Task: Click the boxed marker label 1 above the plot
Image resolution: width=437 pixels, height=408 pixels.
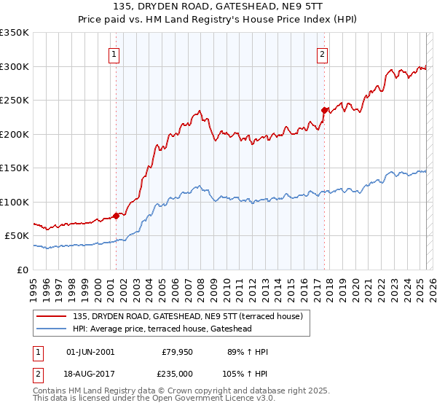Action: point(115,53)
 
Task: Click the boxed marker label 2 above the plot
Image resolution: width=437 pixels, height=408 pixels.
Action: point(322,53)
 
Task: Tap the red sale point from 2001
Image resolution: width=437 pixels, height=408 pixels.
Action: point(116,216)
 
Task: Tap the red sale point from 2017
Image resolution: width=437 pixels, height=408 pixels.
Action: point(324,110)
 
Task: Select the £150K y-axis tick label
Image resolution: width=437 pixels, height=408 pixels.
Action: point(15,168)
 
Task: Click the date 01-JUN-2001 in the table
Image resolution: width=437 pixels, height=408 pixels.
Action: point(90,352)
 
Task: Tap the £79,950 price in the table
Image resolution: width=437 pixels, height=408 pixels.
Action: point(176,352)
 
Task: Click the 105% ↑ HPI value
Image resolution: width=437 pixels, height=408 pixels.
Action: point(246,372)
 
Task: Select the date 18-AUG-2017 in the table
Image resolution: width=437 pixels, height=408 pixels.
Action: point(90,372)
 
